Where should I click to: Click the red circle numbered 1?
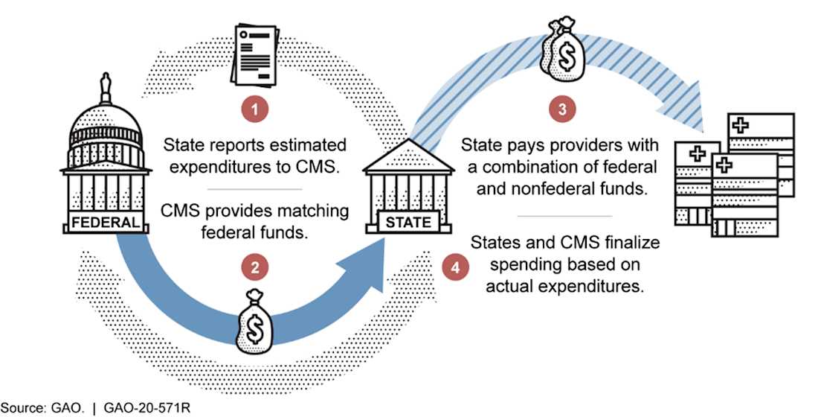coord(255,110)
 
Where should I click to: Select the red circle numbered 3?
coord(561,109)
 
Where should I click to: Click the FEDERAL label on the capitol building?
coord(104,222)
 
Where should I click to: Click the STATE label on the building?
coord(408,222)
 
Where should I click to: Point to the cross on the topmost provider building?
coord(741,124)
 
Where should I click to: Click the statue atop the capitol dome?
coord(104,90)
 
